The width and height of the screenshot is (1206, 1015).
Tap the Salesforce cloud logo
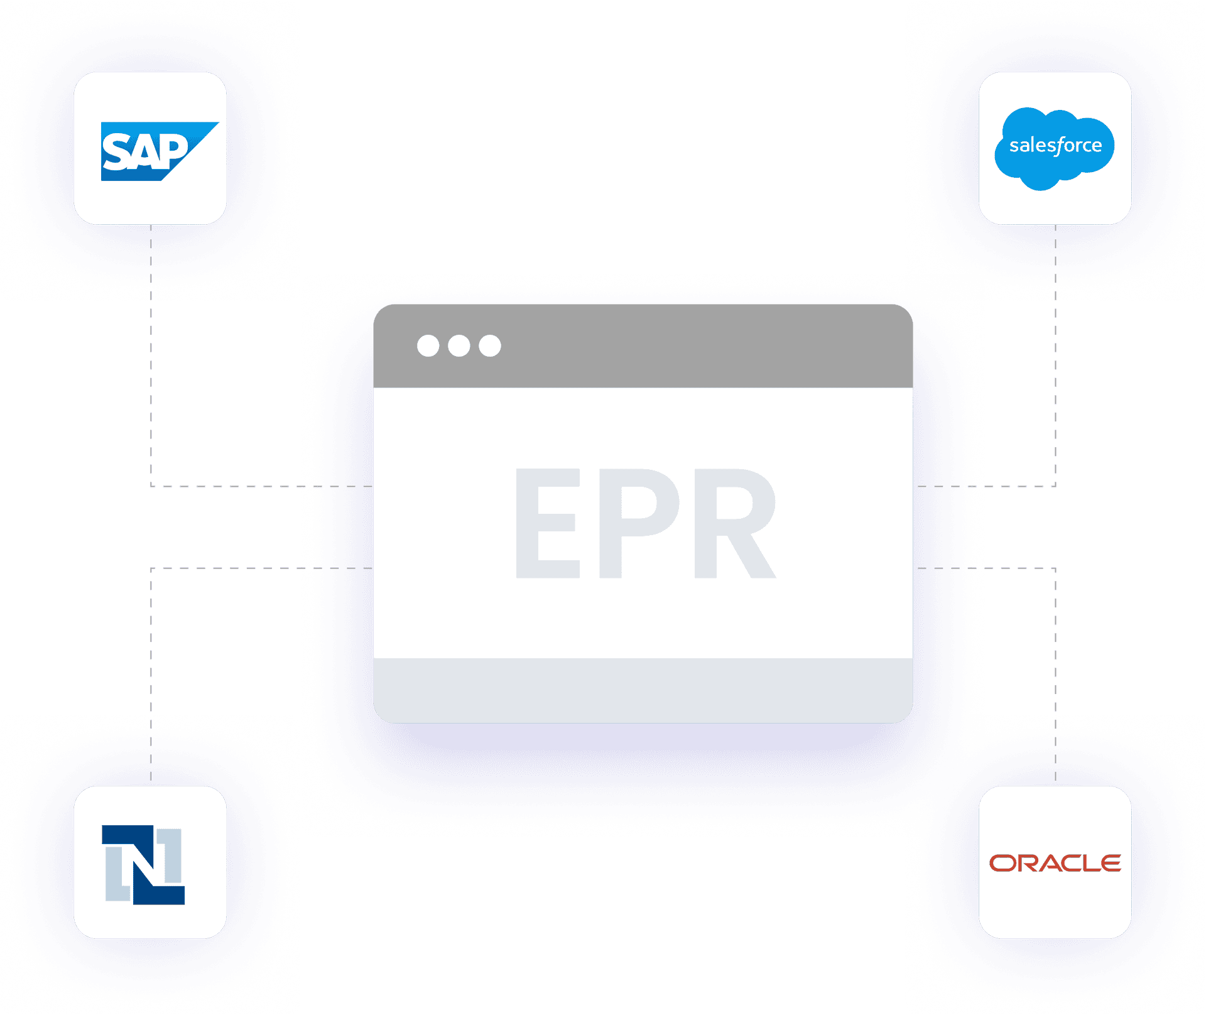pos(1054,148)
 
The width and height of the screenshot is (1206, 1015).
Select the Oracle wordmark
pos(1055,863)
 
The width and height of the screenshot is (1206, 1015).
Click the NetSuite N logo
pos(144,864)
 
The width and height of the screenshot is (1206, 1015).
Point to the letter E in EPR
pos(545,523)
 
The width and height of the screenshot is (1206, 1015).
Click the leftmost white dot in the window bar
pos(428,345)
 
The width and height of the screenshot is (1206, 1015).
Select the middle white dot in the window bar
pos(459,345)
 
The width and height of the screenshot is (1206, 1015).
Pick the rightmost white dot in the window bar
pos(490,345)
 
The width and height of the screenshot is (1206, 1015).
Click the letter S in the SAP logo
pos(116,153)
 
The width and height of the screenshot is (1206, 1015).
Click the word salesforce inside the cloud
pos(1055,146)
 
